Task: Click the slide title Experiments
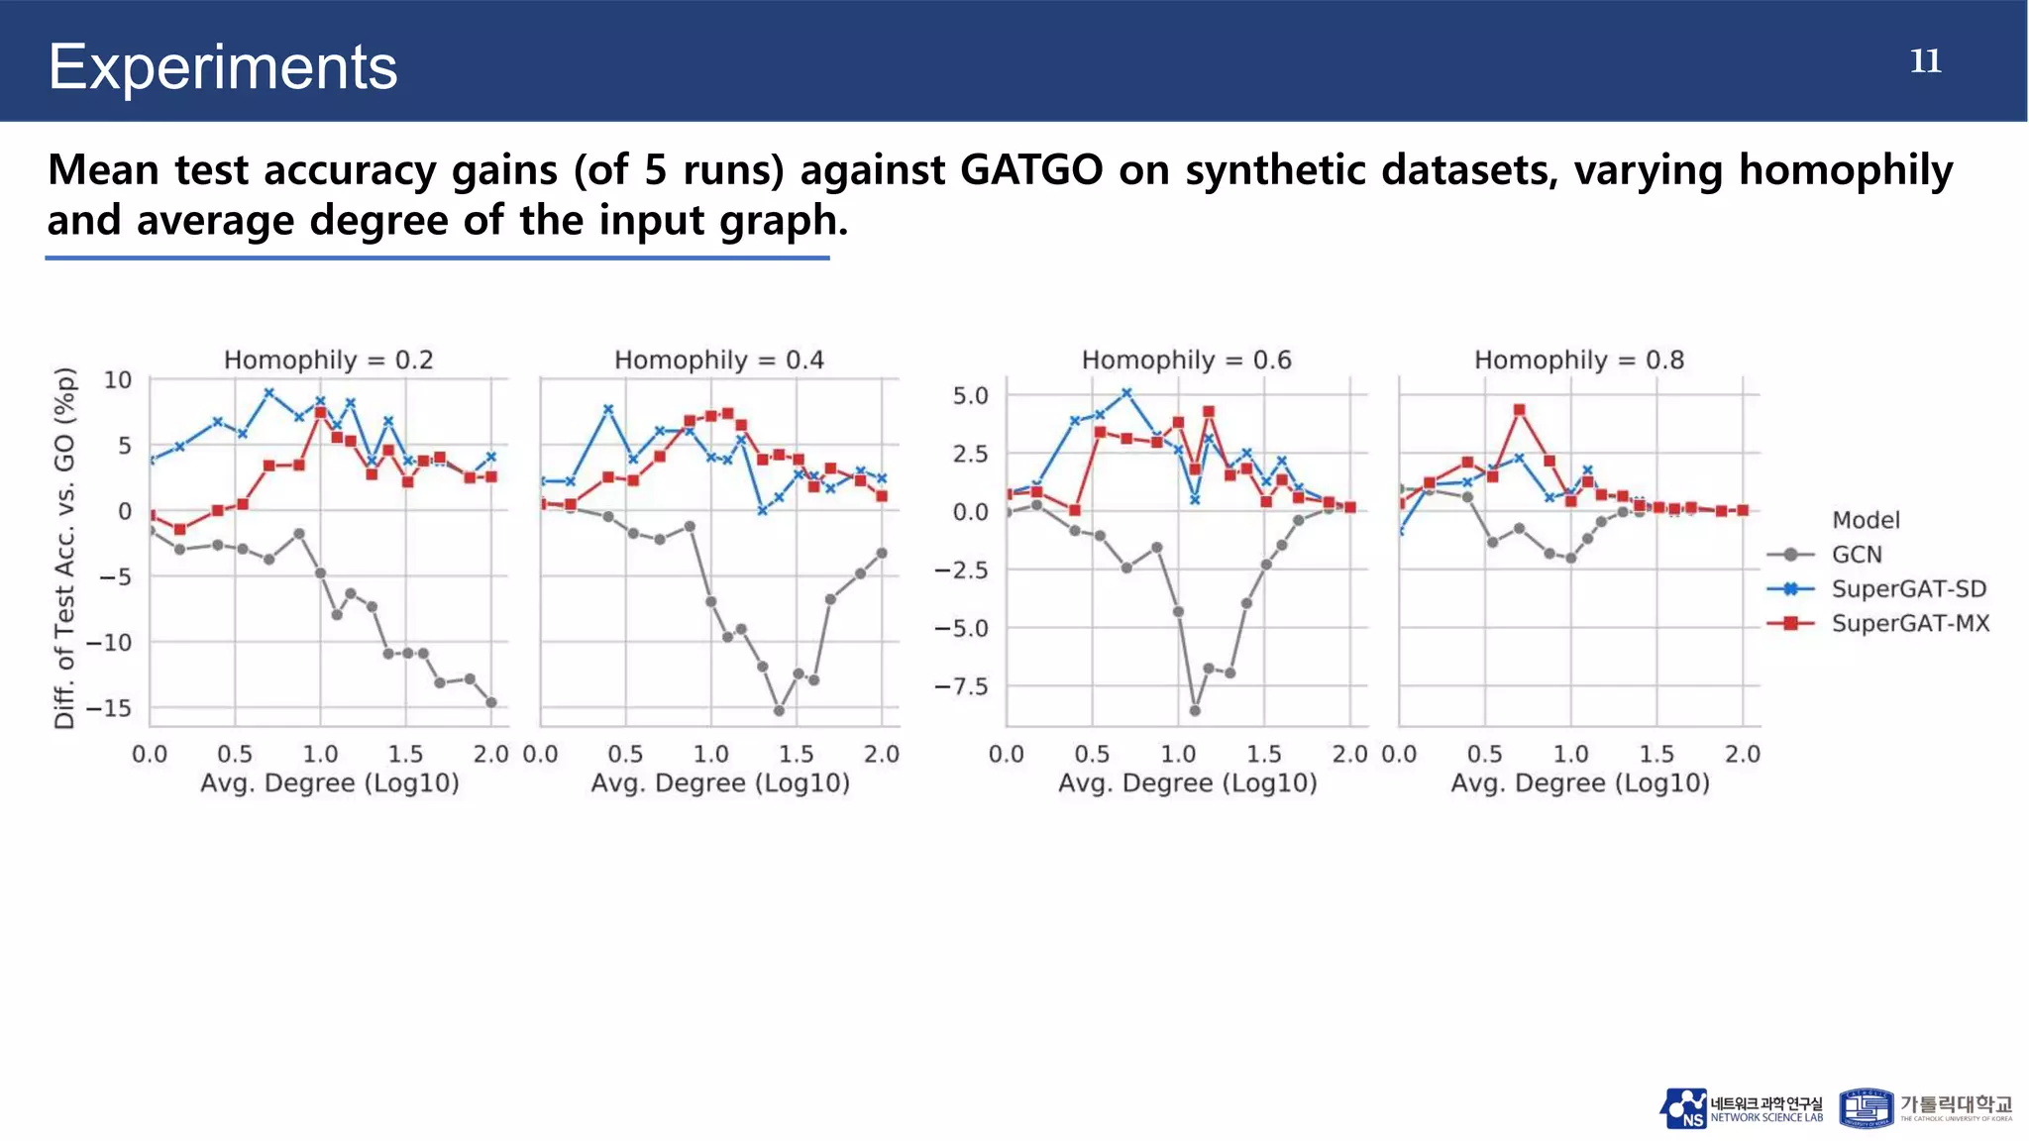(223, 67)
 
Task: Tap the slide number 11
(1925, 61)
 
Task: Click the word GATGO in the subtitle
(1030, 170)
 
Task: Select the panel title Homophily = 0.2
(328, 360)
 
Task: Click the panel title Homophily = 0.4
(718, 360)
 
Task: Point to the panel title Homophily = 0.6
(1186, 360)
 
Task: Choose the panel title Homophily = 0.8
(1578, 360)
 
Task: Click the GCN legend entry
(1856, 555)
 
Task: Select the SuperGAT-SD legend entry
(1908, 589)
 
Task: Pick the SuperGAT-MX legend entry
(1909, 624)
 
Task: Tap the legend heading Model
(1866, 520)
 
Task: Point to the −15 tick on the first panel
(108, 708)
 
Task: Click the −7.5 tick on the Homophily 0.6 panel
(961, 686)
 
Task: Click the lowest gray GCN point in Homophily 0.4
(779, 711)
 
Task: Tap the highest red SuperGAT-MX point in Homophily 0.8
(1519, 409)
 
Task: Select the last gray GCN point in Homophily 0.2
(491, 702)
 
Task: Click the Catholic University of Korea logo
(1926, 1108)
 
